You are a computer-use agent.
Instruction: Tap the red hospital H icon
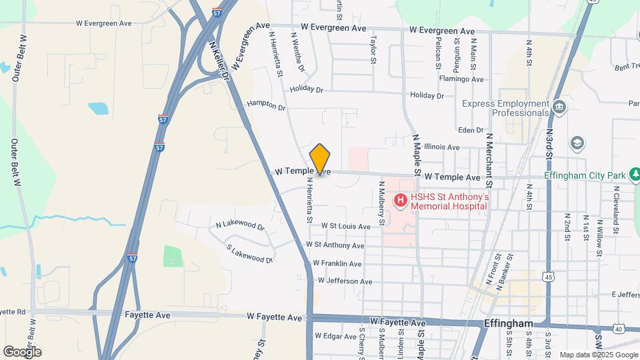(x=400, y=200)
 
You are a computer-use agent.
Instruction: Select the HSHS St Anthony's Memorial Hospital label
(x=450, y=201)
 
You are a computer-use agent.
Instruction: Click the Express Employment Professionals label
(x=505, y=108)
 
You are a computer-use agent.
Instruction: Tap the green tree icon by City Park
(x=636, y=175)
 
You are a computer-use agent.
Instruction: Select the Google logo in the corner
(x=22, y=351)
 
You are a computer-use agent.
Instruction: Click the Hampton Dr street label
(x=265, y=105)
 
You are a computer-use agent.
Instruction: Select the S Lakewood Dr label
(x=249, y=254)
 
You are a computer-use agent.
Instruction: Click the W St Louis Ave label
(x=345, y=227)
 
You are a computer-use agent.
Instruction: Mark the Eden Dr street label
(x=470, y=129)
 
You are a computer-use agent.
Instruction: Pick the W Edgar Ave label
(x=335, y=335)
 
